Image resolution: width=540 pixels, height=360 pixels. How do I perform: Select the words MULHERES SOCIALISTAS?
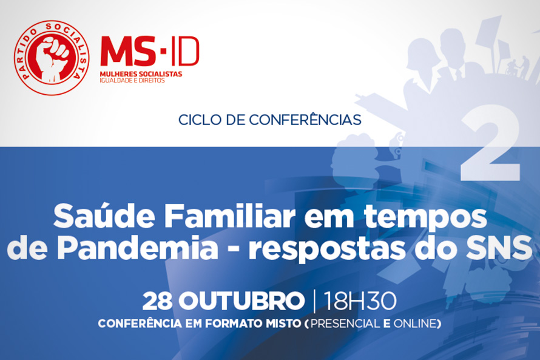tap(141, 74)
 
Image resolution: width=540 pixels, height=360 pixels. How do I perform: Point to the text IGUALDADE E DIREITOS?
tap(132, 81)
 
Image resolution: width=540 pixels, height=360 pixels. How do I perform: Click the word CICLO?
tap(198, 120)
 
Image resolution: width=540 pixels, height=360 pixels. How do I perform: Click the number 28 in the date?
tap(158, 301)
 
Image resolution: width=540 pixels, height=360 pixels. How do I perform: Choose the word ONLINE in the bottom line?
tap(415, 324)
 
